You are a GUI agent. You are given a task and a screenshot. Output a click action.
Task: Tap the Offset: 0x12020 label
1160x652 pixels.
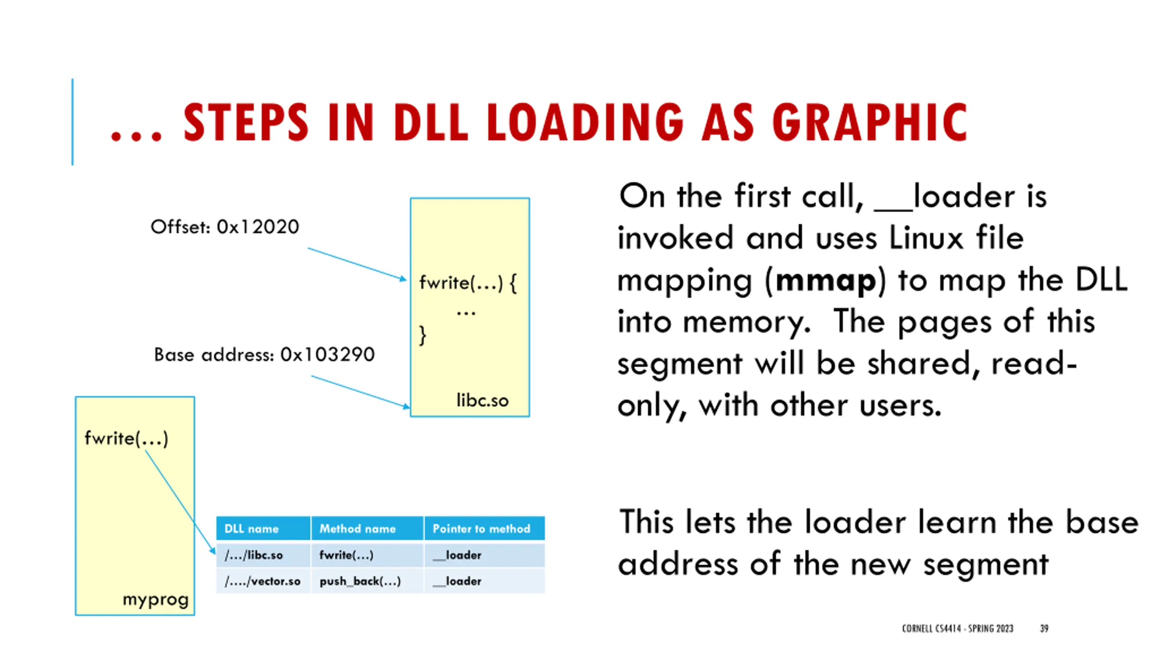(225, 227)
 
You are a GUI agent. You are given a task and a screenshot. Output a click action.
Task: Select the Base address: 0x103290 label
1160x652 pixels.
(264, 355)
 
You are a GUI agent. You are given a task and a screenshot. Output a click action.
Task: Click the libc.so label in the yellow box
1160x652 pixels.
(482, 401)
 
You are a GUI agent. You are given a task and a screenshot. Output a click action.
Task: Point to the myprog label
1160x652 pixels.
(155, 599)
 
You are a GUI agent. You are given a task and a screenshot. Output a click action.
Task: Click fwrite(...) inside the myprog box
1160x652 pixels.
(126, 438)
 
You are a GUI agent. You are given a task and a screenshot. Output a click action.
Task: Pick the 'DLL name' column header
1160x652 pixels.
(251, 528)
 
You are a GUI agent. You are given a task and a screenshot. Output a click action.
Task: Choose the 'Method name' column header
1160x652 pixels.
(358, 528)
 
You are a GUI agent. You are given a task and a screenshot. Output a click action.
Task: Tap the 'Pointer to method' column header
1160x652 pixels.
(481, 528)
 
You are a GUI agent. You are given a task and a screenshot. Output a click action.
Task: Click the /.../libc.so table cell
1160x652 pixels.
(254, 555)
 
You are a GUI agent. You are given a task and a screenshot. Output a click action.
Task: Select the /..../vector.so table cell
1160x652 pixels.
(262, 581)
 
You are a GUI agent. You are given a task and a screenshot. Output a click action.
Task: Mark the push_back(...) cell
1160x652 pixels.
(360, 581)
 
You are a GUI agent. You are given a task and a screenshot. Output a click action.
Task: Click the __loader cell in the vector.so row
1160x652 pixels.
(457, 581)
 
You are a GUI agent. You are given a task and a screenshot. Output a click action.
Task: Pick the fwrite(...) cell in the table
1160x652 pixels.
(346, 555)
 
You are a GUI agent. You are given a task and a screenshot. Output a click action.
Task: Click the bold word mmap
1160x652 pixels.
(826, 281)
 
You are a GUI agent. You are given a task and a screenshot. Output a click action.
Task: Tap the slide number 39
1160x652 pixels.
(1044, 628)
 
